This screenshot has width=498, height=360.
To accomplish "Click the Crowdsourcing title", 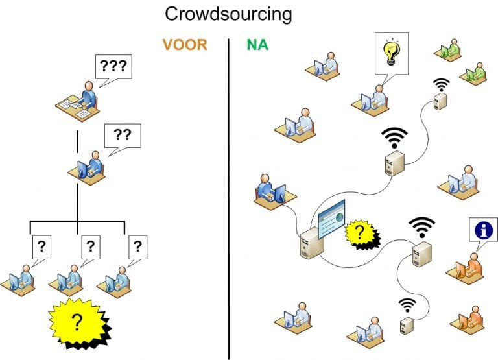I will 228,14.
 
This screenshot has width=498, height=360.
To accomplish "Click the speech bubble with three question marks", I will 113,66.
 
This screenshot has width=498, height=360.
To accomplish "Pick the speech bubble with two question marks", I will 122,136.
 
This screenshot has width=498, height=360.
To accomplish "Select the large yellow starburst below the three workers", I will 78,320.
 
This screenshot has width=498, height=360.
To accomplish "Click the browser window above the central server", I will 331,219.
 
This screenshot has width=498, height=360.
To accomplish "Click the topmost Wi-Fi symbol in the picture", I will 442,85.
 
